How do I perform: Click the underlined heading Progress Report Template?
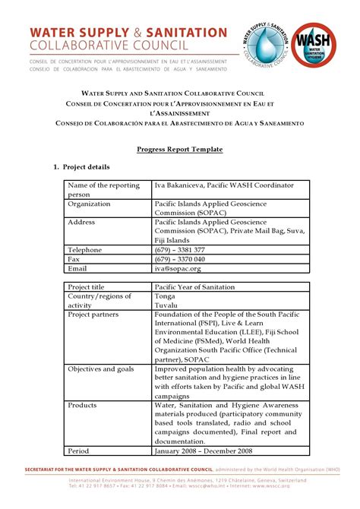(x=179, y=150)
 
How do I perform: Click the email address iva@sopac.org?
(x=178, y=268)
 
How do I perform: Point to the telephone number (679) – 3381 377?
(x=179, y=250)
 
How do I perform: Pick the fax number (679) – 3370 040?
(x=179, y=259)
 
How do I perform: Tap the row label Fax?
(x=74, y=259)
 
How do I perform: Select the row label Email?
(x=77, y=268)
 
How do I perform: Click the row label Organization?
(x=90, y=204)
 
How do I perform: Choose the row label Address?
(x=81, y=222)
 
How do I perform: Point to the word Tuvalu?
(x=167, y=305)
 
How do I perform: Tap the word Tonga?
(x=166, y=296)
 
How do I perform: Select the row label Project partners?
(x=94, y=314)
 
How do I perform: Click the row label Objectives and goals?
(x=101, y=368)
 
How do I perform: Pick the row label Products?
(x=82, y=405)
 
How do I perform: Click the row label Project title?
(x=86, y=286)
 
